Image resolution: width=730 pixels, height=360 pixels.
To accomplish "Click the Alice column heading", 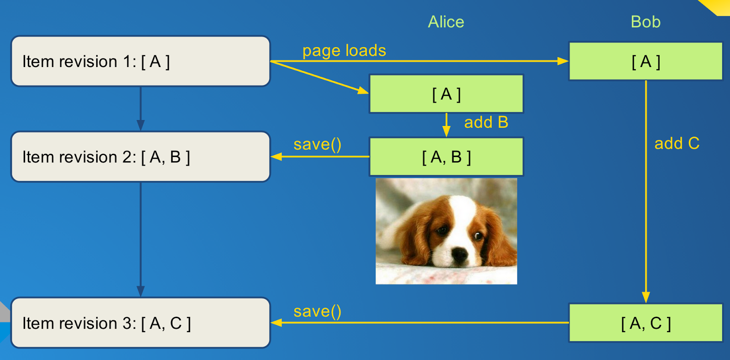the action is (446, 22).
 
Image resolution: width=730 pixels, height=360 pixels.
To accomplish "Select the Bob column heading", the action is (646, 22).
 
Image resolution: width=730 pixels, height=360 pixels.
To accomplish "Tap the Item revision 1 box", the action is (141, 61).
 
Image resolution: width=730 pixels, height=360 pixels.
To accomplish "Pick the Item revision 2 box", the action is (141, 157).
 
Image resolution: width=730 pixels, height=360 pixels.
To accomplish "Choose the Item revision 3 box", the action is (141, 323).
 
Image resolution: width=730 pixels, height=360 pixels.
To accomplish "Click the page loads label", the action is (344, 51).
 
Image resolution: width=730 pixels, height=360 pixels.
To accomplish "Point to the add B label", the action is (486, 122).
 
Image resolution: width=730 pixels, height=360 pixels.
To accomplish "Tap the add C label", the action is (677, 143).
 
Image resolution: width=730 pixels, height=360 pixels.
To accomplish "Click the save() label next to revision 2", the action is (318, 144).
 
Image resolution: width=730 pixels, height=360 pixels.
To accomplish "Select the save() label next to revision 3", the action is (318, 311).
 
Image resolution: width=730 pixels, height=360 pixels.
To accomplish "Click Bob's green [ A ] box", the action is (646, 61).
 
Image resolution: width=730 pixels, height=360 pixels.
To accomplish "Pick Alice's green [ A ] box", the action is (446, 94).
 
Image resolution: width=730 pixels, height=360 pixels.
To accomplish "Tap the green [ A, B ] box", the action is (446, 157).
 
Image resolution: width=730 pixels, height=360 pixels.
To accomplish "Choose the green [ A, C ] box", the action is (646, 323).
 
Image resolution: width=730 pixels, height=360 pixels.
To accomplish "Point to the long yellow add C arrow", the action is (646, 192).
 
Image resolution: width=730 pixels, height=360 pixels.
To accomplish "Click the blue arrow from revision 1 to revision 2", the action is (141, 109).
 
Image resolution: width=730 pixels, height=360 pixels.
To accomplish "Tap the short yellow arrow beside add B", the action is (446, 125).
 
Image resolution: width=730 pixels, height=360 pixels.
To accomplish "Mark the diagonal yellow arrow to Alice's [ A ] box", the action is (320, 78).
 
